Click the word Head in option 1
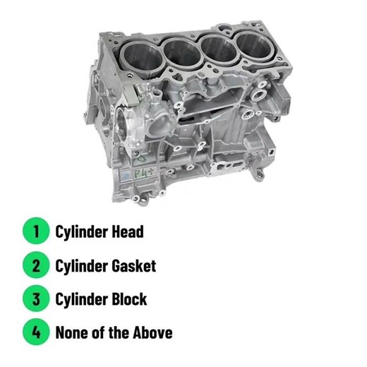(127, 231)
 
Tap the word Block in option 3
(128, 299)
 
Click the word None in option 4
(72, 332)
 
